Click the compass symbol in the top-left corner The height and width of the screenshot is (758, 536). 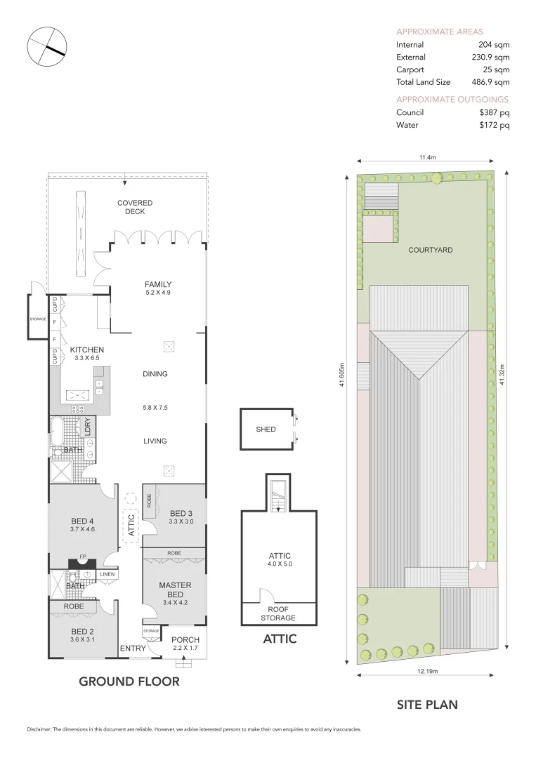46,47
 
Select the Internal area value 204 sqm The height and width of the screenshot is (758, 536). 494,44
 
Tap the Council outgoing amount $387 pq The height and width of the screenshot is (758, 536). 494,112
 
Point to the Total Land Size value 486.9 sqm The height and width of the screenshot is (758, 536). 490,82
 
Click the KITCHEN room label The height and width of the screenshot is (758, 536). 87,350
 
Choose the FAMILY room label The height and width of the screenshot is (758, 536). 158,284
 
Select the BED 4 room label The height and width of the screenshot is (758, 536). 82,521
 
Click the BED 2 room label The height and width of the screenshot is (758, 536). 81,632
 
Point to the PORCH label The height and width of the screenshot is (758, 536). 185,640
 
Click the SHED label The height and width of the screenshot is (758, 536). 266,429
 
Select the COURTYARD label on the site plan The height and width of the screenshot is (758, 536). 430,249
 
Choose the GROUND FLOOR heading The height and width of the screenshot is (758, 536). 129,681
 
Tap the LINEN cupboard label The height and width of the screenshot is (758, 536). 107,574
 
